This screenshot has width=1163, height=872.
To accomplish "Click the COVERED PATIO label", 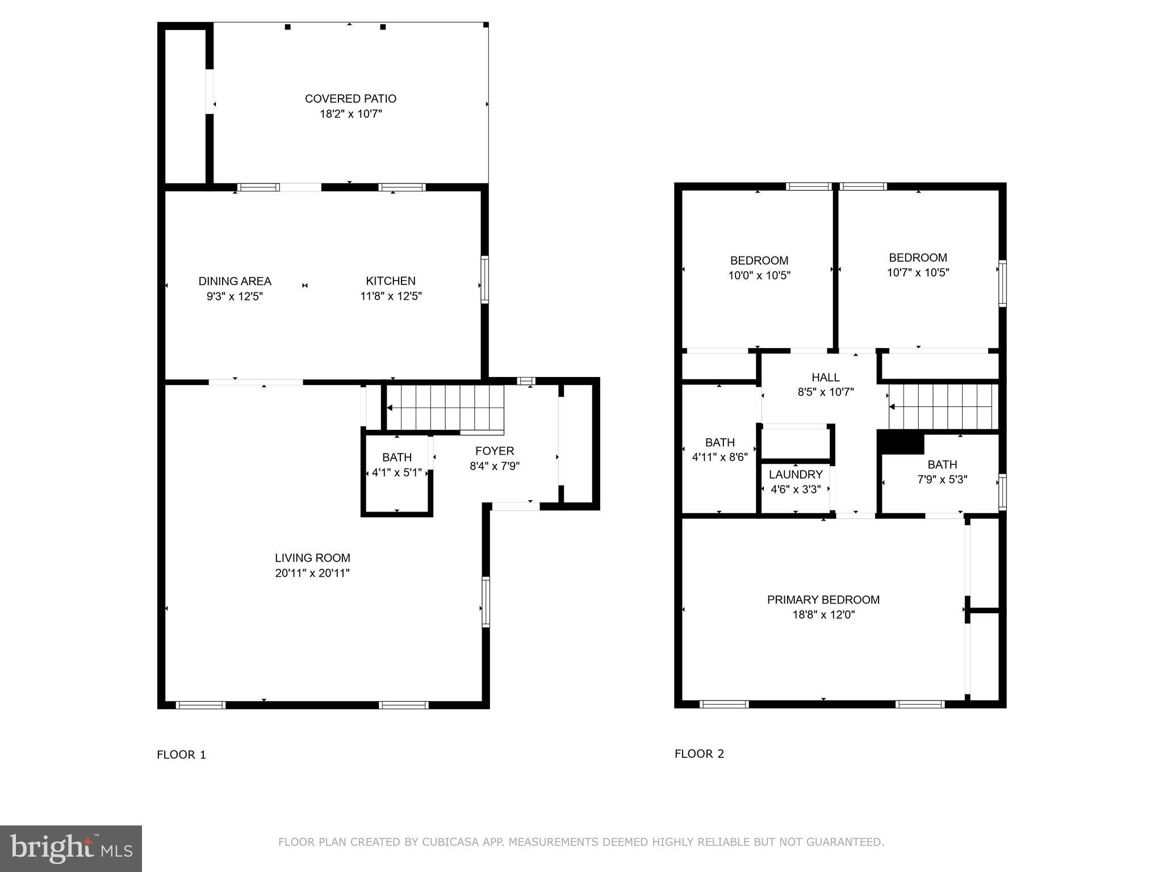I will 350,99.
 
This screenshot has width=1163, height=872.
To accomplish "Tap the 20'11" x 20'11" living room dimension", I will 312,573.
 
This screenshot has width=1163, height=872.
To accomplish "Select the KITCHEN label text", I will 390,281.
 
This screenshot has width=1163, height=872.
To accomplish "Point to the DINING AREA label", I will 235,281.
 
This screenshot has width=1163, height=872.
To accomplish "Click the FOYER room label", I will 495,451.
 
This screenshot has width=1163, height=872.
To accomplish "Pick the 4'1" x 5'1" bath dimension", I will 396,472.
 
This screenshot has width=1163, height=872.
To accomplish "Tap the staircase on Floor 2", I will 943,406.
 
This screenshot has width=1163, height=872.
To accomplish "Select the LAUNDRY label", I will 795,475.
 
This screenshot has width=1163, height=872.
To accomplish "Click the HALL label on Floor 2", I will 825,378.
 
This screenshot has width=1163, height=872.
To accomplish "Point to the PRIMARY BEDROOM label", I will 823,599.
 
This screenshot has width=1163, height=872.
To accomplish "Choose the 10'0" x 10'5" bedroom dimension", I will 759,276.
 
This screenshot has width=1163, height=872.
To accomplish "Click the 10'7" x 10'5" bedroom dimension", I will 918,272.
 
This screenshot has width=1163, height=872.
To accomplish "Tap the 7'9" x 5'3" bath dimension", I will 942,480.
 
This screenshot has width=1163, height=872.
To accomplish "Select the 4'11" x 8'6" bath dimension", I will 719,457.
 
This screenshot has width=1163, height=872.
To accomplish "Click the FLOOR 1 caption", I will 181,754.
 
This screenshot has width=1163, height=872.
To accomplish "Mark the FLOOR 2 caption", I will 699,754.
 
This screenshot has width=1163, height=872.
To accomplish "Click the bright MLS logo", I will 71,849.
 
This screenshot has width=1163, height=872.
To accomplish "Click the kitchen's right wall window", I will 484,279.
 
